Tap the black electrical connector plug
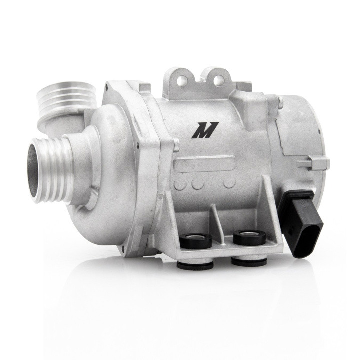click(x=297, y=223)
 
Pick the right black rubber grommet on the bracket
click(x=249, y=236)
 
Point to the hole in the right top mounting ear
click(x=218, y=76)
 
